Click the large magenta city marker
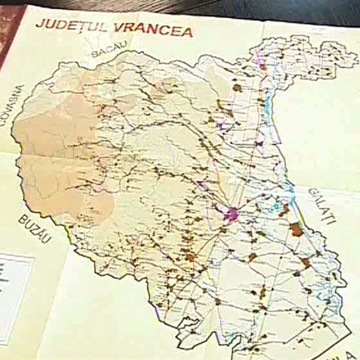235,213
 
